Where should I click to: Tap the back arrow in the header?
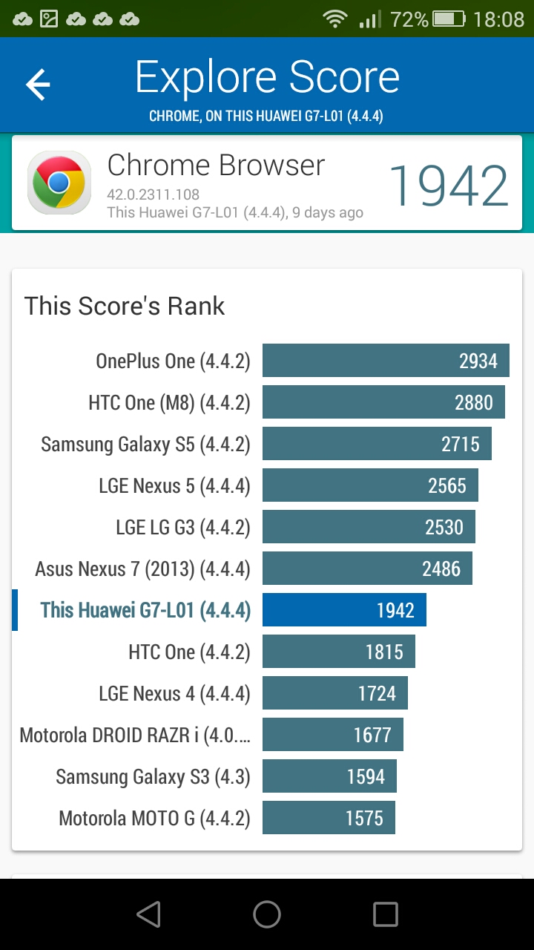38,85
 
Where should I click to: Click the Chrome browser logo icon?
59,183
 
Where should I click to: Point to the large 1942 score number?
449,186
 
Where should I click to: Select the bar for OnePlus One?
386,360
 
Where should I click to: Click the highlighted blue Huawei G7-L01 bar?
344,609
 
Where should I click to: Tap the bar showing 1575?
329,817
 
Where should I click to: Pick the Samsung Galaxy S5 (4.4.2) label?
145,445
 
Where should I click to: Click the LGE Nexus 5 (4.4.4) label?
174,486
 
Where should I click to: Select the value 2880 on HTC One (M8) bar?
474,402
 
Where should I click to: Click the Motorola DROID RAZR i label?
135,735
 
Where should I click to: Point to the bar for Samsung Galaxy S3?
330,776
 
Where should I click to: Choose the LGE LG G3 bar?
369,526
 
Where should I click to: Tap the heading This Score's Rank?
124,306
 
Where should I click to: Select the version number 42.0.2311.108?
153,194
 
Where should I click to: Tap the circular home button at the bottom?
267,914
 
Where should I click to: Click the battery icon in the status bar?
449,19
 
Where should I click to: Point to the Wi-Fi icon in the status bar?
335,19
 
